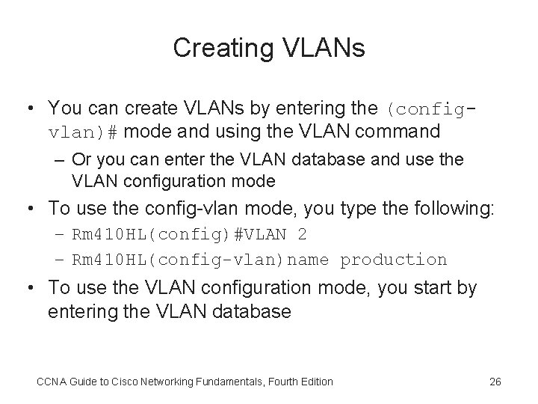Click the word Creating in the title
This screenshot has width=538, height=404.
click(218, 47)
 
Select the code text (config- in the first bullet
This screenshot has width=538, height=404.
click(430, 108)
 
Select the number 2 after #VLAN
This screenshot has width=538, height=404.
click(301, 235)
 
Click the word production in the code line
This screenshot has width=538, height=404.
click(394, 260)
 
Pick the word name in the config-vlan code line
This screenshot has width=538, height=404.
click(312, 260)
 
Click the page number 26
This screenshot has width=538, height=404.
click(494, 382)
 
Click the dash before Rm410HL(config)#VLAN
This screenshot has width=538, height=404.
click(61, 235)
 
